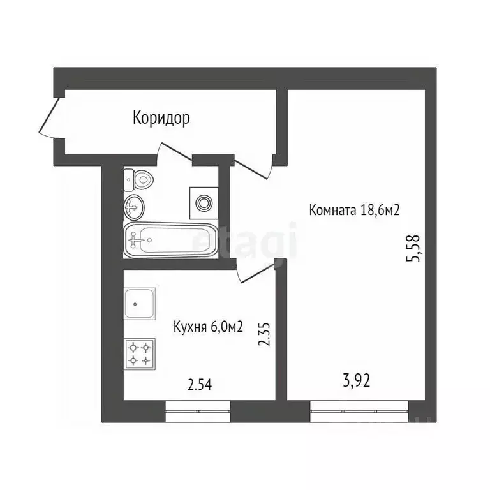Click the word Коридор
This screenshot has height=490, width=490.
tap(161, 118)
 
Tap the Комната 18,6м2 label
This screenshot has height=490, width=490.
tap(353, 210)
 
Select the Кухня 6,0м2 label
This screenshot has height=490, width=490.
tap(208, 327)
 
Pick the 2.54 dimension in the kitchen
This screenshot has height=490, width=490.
tap(199, 384)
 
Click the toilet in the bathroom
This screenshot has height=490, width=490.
tap(138, 180)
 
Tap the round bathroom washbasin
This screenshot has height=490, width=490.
tap(135, 206)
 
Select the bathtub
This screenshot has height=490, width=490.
tap(170, 241)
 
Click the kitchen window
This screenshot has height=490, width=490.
tap(197, 412)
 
